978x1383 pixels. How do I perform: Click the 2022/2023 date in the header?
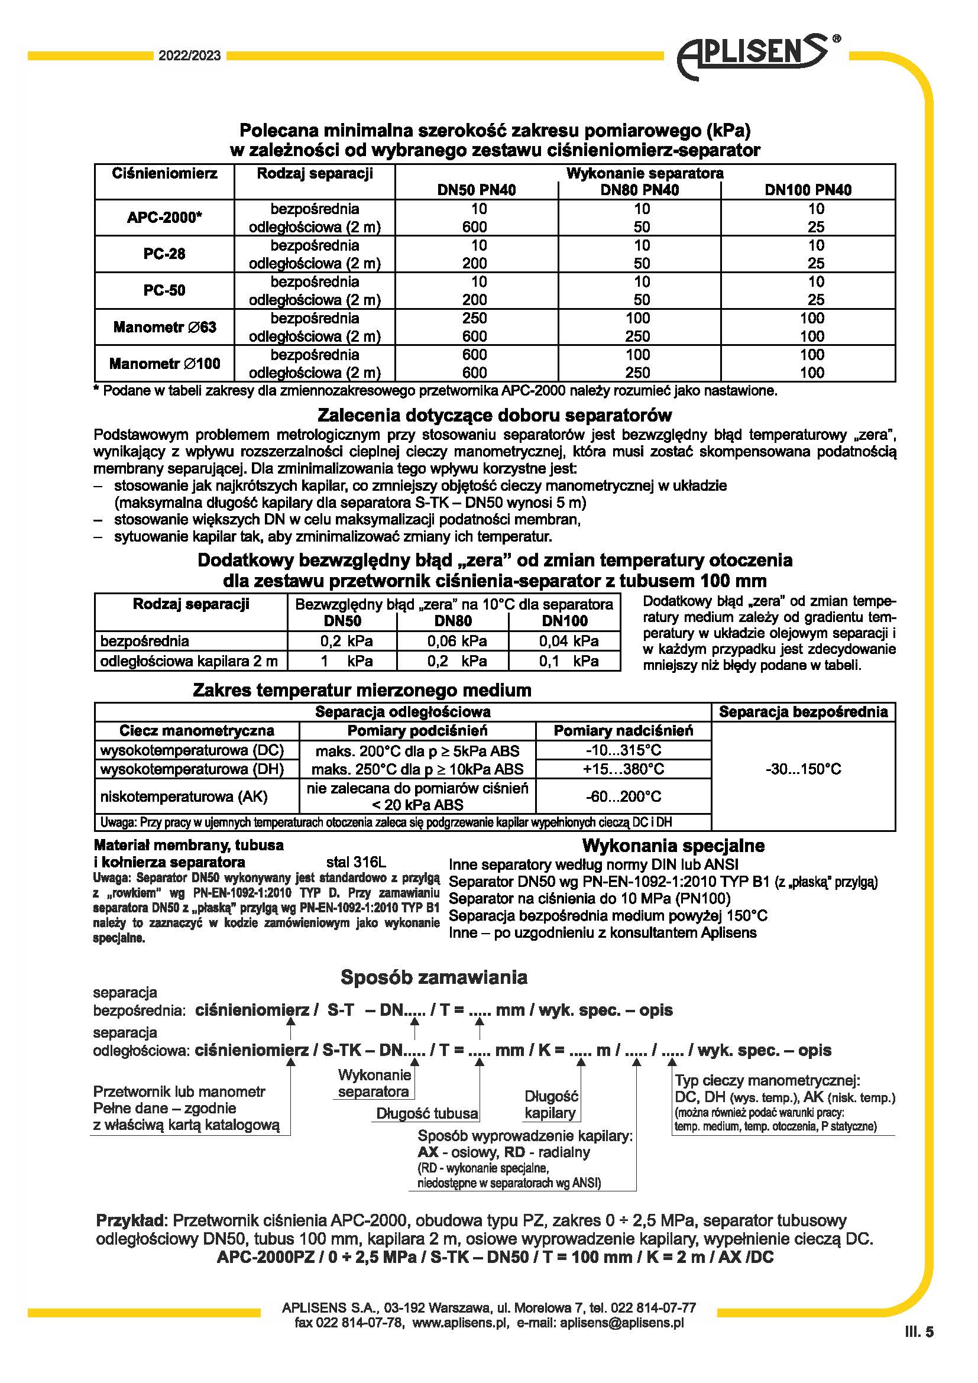click(x=190, y=56)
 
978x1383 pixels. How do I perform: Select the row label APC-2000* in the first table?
click(x=164, y=218)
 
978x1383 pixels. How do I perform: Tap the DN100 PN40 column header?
click(x=808, y=190)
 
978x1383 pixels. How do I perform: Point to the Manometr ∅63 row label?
click(x=164, y=327)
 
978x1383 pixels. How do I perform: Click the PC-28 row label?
click(x=164, y=254)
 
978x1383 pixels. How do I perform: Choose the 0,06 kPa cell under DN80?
click(x=456, y=641)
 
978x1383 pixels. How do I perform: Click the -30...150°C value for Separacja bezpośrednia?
click(x=803, y=769)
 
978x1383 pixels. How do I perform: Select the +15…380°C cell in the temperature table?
click(x=623, y=769)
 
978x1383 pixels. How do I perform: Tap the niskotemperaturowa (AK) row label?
click(x=183, y=796)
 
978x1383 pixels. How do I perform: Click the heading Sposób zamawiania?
click(x=433, y=977)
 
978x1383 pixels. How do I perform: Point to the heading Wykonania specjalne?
click(x=673, y=846)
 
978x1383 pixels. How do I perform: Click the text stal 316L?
click(x=356, y=862)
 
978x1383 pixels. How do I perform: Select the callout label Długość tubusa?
click(x=427, y=1113)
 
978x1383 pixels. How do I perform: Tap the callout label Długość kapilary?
click(x=550, y=1104)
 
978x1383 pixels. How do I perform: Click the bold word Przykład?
click(x=130, y=1221)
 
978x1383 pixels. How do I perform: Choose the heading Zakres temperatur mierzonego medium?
click(x=362, y=690)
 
